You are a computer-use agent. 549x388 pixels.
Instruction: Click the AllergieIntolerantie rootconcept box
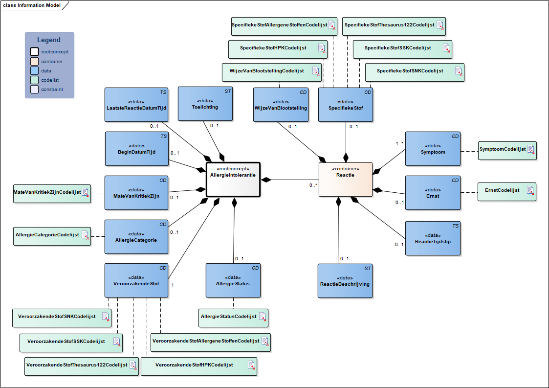[x=233, y=179]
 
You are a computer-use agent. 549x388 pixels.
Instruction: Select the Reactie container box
[x=345, y=180]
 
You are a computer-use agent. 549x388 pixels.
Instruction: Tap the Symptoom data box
[x=433, y=149]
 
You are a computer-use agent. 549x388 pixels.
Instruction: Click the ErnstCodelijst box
[x=506, y=191]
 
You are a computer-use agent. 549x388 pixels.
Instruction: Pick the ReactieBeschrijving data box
[x=345, y=280]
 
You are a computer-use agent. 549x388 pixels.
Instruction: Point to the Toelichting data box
[x=205, y=103]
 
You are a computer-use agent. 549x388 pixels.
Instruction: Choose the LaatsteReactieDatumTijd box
[x=136, y=104]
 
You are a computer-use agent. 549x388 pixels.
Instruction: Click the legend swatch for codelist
[x=34, y=80]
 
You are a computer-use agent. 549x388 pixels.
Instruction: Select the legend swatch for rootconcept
[x=34, y=51]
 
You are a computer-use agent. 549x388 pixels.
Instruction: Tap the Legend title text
[x=49, y=40]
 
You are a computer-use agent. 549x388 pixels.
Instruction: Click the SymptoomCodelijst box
[x=507, y=150]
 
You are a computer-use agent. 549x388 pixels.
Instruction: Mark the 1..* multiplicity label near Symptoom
[x=399, y=144]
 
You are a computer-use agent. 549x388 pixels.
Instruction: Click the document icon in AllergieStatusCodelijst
[x=263, y=317]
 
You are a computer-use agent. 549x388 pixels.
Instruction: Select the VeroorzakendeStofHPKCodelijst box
[x=198, y=366]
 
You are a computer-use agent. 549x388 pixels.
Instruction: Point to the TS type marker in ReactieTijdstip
[x=456, y=226]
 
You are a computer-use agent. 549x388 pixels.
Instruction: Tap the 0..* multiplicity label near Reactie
[x=313, y=185]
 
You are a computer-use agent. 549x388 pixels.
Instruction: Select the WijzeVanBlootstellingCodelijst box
[x=272, y=71]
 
